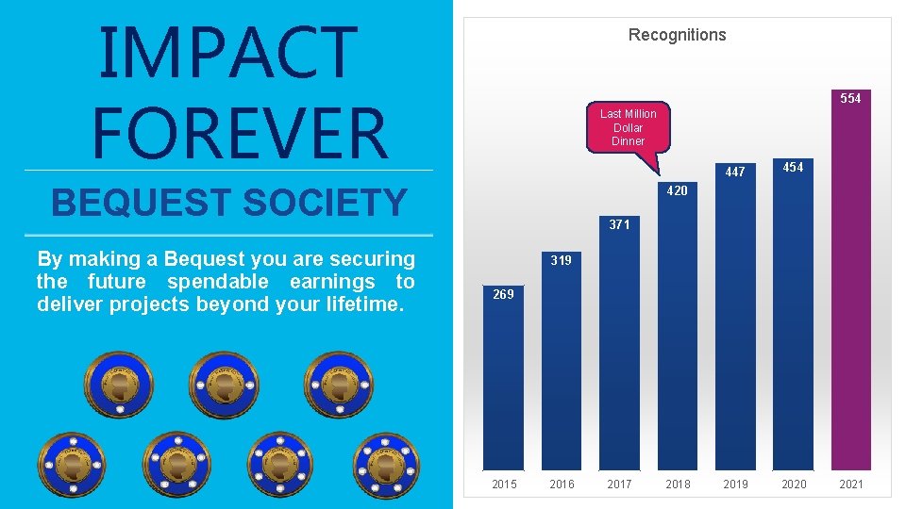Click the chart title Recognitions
tap(677, 35)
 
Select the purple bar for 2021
tap(850, 283)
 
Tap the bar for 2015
tap(503, 386)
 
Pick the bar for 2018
tap(677, 330)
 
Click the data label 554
tap(850, 98)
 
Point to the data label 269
tap(503, 295)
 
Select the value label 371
tap(619, 225)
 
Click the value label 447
tap(735, 172)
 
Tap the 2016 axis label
tap(562, 484)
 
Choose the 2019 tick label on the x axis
tap(735, 484)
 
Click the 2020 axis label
tap(794, 484)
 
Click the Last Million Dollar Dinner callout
tap(628, 127)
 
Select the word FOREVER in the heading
tap(240, 133)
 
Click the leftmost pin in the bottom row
tap(72, 465)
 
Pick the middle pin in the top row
tap(223, 385)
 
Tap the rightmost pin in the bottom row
tap(386, 465)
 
